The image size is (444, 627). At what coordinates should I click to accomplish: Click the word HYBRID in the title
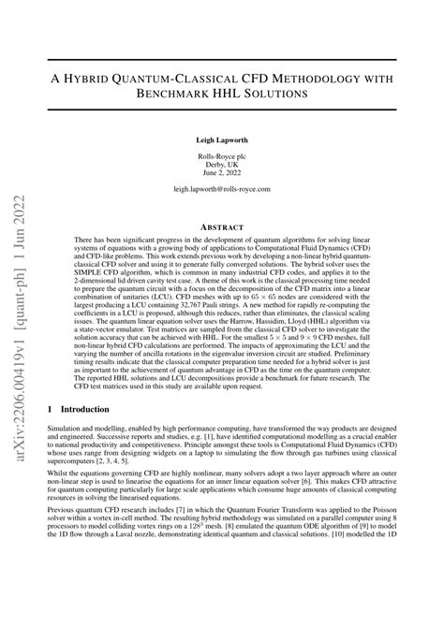(x=106, y=76)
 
